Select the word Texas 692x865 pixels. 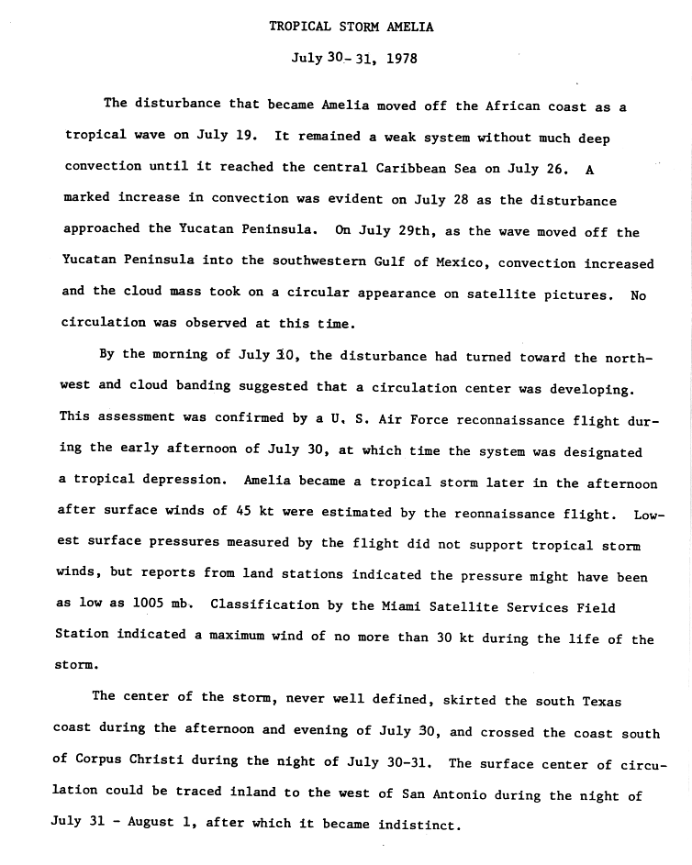(x=602, y=702)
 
